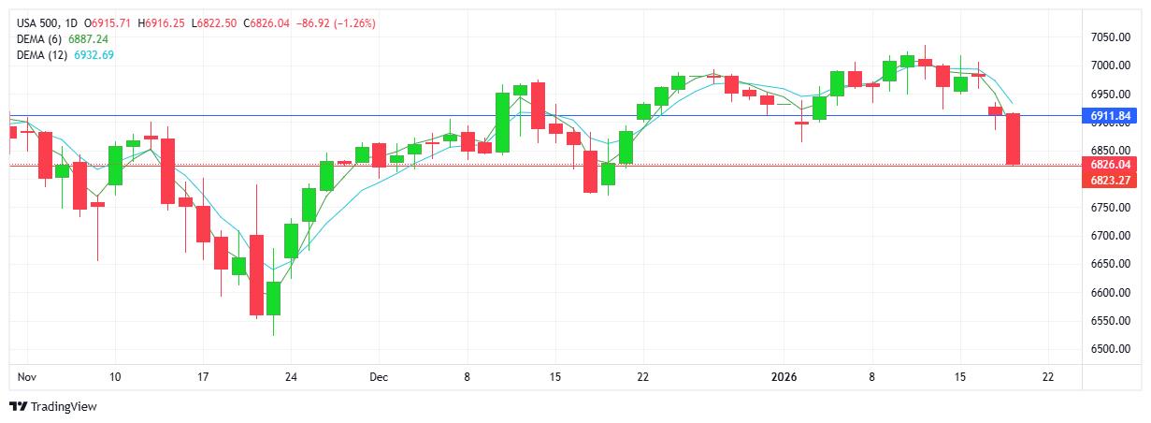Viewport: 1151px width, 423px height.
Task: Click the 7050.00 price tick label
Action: point(1112,37)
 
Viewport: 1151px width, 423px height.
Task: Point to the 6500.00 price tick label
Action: point(1112,349)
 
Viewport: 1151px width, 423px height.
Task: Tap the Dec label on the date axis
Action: point(379,377)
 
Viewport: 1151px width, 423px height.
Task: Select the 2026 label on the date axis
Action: point(783,377)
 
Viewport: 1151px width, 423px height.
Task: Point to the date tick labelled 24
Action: point(291,377)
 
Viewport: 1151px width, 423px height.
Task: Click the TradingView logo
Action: point(53,407)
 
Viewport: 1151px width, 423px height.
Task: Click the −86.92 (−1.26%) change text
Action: point(336,23)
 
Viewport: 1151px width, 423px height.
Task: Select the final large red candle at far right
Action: point(1013,139)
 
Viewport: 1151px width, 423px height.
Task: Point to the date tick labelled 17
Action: point(203,377)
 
